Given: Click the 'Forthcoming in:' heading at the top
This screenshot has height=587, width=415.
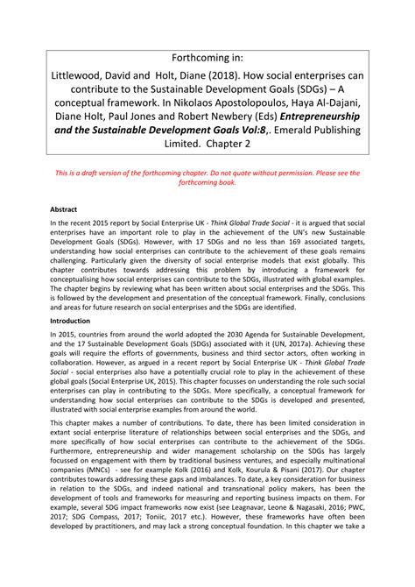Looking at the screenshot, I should [x=207, y=56].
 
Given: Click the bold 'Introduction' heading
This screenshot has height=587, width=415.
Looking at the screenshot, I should [x=74, y=321].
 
